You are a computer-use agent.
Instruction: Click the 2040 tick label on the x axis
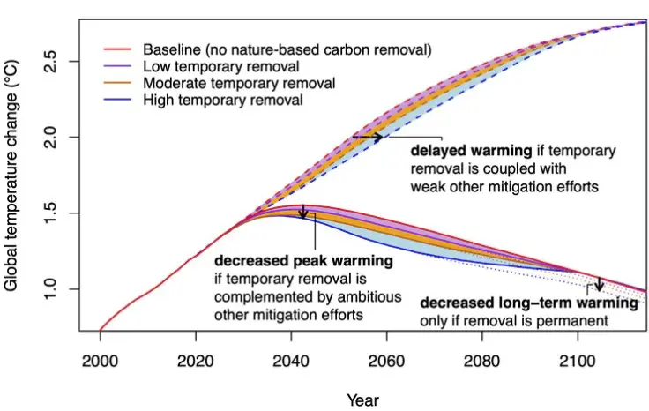pos(291,362)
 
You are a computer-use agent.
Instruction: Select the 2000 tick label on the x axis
pos(101,362)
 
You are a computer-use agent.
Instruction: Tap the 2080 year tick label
pos(481,362)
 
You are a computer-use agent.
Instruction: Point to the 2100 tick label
pos(577,362)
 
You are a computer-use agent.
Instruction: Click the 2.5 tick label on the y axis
pos(50,61)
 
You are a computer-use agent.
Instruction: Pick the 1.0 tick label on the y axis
pos(50,289)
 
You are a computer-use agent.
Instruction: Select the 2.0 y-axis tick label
pos(50,137)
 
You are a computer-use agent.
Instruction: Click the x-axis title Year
pos(362,400)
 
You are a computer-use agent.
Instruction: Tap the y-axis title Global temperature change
pos(11,176)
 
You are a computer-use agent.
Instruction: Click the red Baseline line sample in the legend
pos(117,49)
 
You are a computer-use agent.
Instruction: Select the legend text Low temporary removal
pos(221,66)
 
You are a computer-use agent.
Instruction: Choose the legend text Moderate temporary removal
pos(239,83)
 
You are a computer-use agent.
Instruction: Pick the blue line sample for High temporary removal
pos(117,100)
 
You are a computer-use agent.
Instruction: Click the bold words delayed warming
pos(471,151)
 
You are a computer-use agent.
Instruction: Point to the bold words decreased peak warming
pos(304,261)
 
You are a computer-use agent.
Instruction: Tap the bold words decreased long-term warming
pos(529,303)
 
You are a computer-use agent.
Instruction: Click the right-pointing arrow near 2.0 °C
pos(368,137)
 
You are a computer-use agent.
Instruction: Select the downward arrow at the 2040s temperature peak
pos(303,211)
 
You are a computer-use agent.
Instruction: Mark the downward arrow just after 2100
pos(599,284)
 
